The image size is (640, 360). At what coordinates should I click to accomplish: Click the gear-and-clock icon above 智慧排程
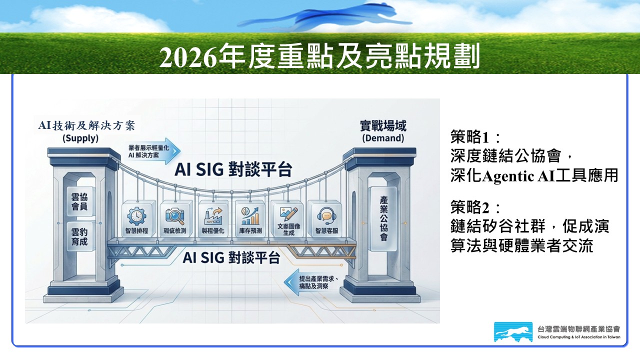(136, 216)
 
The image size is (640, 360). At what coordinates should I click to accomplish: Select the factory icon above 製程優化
(213, 216)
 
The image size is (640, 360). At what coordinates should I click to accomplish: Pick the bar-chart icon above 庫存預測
(250, 216)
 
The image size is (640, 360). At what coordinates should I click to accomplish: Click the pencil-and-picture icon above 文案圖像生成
(288, 214)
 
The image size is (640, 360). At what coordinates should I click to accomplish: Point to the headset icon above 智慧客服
(326, 216)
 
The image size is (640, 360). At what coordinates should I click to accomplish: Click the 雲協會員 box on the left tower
(79, 201)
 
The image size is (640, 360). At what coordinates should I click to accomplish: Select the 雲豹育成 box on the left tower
(79, 236)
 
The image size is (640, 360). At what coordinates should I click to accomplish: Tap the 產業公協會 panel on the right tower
(383, 218)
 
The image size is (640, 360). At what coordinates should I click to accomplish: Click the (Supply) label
(80, 138)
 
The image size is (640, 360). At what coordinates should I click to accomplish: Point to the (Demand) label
(383, 138)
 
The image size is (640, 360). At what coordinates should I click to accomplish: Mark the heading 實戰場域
(383, 125)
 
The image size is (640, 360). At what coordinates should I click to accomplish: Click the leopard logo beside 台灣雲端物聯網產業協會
(513, 331)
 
